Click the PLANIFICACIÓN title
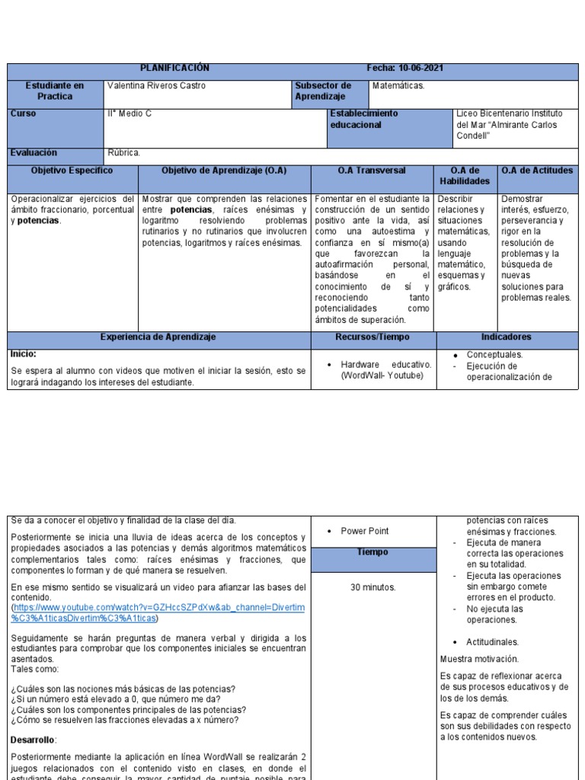pyautogui.click(x=174, y=69)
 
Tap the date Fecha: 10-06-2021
pyautogui.click(x=405, y=69)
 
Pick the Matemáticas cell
pyautogui.click(x=398, y=86)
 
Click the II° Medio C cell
pyautogui.click(x=129, y=113)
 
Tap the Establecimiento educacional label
pyautogui.click(x=364, y=119)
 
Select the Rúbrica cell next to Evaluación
pyautogui.click(x=124, y=153)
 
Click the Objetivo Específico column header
pyautogui.click(x=72, y=171)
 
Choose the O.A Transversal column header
pyautogui.click(x=372, y=171)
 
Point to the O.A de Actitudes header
pyautogui.click(x=537, y=171)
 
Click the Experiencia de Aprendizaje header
pyautogui.click(x=158, y=337)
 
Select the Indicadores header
pyautogui.click(x=506, y=337)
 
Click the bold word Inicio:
pyautogui.click(x=24, y=354)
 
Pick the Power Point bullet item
pyautogui.click(x=365, y=532)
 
